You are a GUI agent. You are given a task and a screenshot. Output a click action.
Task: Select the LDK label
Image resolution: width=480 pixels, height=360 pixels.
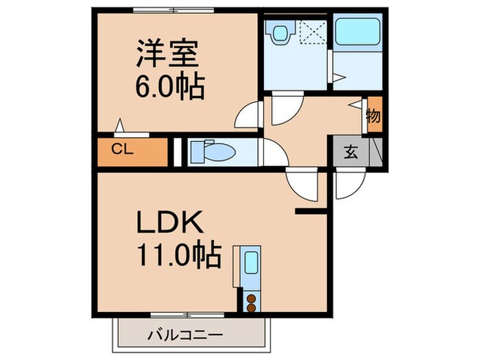pos(169,224)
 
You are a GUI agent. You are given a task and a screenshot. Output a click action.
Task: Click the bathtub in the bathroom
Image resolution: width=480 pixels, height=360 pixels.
pos(358,32)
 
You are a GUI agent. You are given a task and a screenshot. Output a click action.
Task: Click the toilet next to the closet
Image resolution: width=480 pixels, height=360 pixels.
pos(205,150)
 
